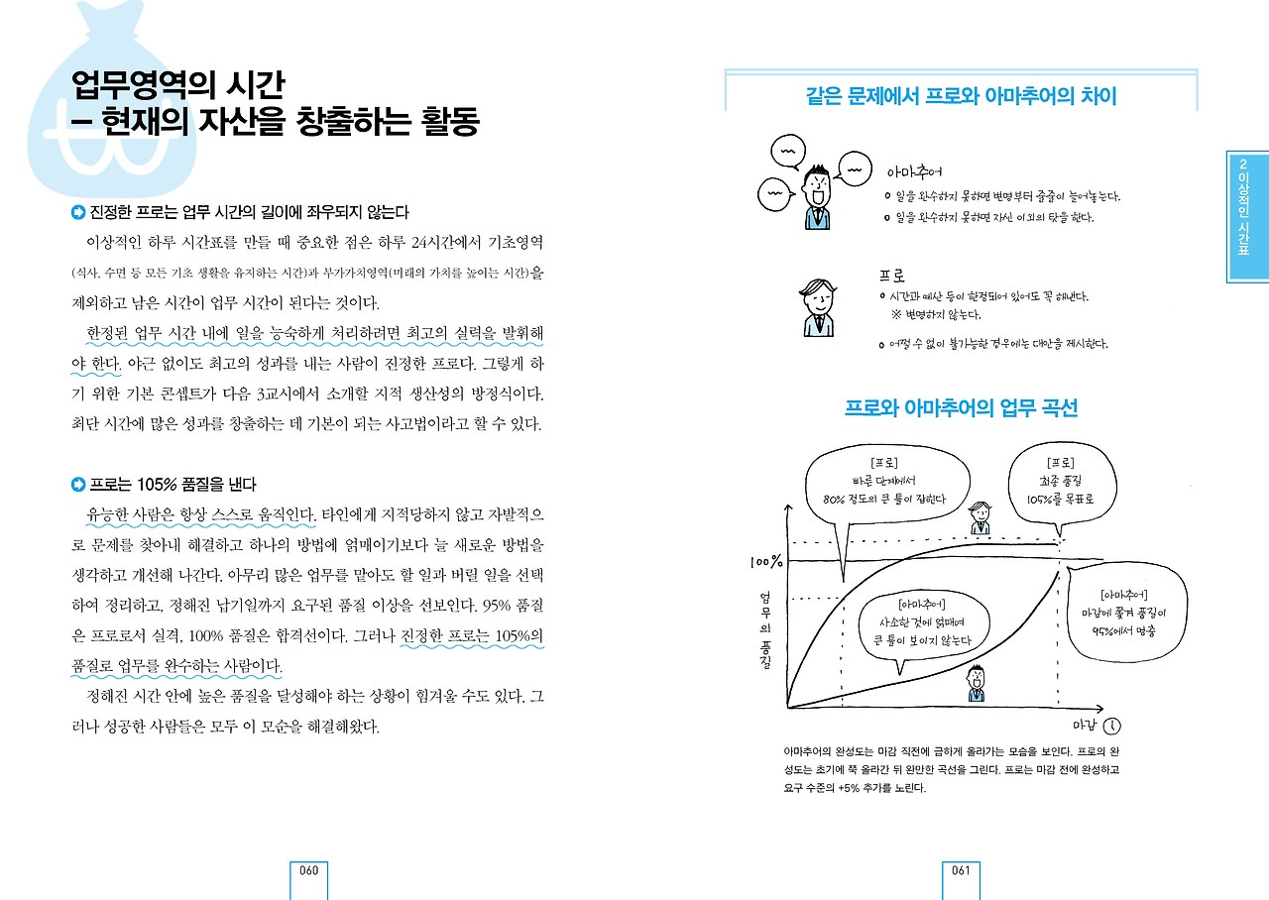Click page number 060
(x=308, y=871)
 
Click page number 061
(x=960, y=871)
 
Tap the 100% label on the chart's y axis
(x=765, y=562)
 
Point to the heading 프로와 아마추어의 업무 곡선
(x=961, y=408)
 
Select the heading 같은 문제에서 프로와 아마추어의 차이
(x=961, y=96)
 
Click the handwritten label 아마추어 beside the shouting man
(x=914, y=170)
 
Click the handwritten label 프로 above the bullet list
(x=892, y=275)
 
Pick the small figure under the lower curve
(x=977, y=682)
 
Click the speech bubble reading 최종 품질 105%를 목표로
(x=1060, y=482)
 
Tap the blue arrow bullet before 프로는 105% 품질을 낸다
(x=78, y=485)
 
